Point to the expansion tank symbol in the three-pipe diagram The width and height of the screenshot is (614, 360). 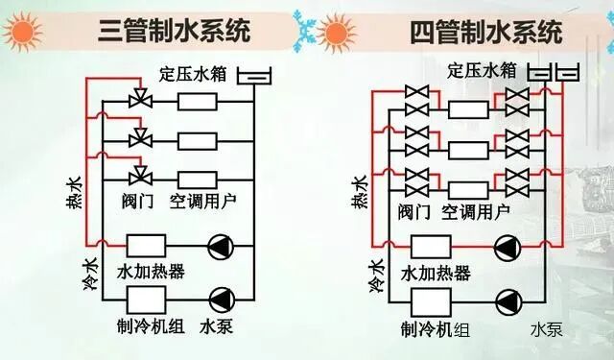tap(252, 75)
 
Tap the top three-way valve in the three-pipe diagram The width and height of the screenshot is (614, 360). tap(140, 100)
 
